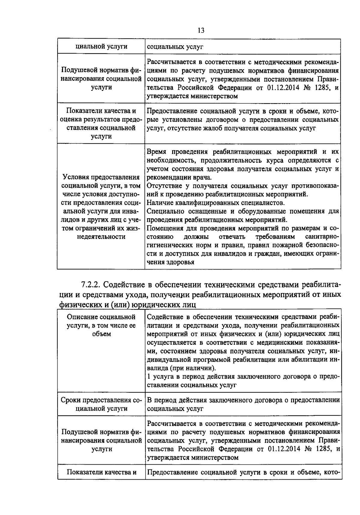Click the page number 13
pos(201,31)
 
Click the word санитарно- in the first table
pos(321,237)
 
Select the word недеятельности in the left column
pos(102,237)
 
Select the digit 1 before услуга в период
pos(149,377)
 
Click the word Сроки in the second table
pos(71,400)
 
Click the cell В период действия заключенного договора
pos(243,404)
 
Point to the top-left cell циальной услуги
pos(101,46)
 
